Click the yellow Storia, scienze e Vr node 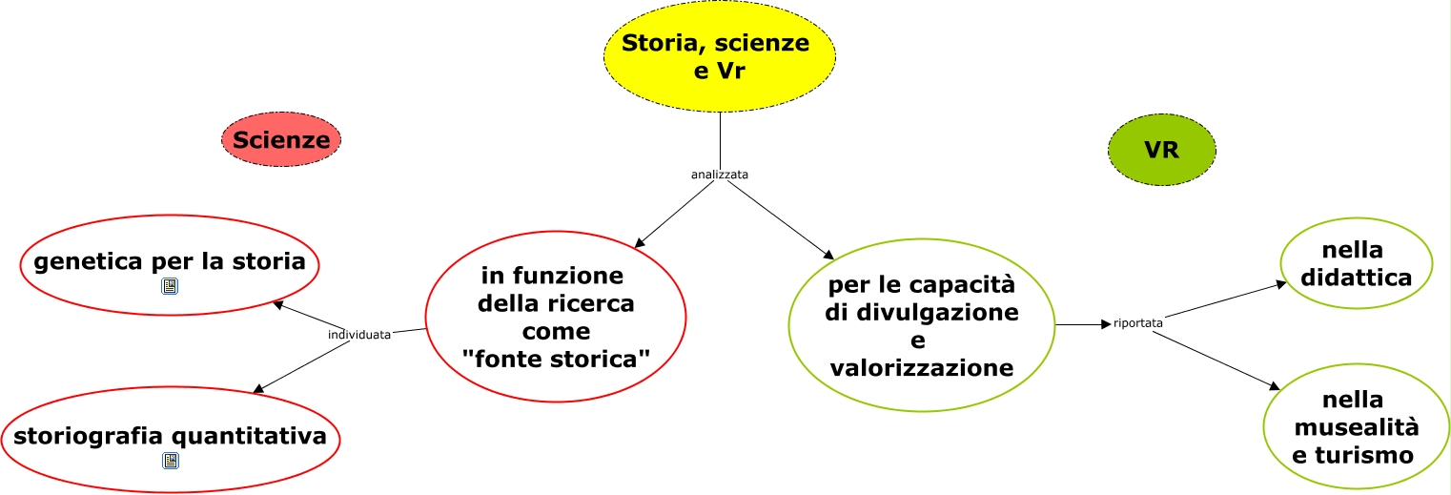[719, 56]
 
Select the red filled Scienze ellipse [281, 140]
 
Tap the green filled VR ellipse [1161, 150]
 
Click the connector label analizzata [719, 175]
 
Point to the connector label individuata [359, 335]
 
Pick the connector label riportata [1137, 323]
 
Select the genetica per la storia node [170, 262]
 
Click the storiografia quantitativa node [170, 437]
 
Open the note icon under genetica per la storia [170, 286]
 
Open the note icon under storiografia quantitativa [170, 462]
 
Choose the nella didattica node [1356, 264]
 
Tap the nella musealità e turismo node [1355, 425]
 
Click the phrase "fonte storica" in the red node [556, 360]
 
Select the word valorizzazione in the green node [921, 367]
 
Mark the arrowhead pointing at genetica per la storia [277, 304]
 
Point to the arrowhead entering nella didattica [1282, 283]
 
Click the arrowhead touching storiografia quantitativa [257, 388]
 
